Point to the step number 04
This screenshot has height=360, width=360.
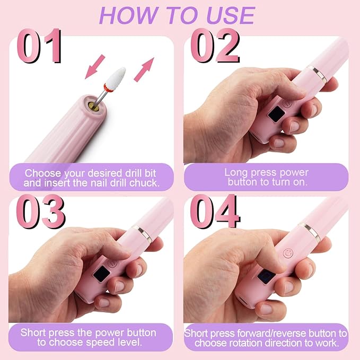pos(215,214)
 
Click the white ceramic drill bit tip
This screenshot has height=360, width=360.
pos(110,77)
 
